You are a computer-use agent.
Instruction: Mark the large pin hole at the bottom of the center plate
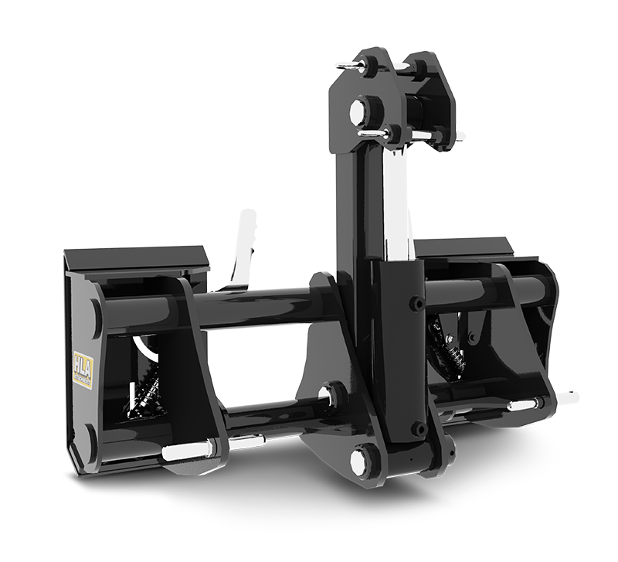[361, 462]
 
